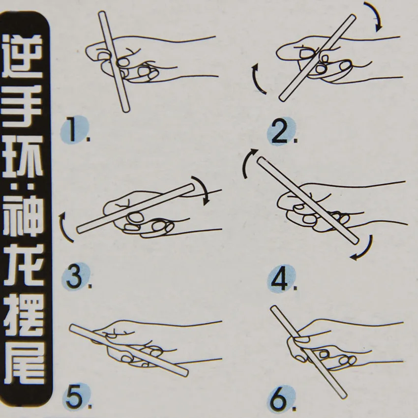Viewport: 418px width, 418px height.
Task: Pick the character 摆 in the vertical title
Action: [23, 315]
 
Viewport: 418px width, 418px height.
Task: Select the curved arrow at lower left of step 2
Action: [255, 80]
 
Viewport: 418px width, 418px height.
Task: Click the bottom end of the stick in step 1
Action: [126, 109]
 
